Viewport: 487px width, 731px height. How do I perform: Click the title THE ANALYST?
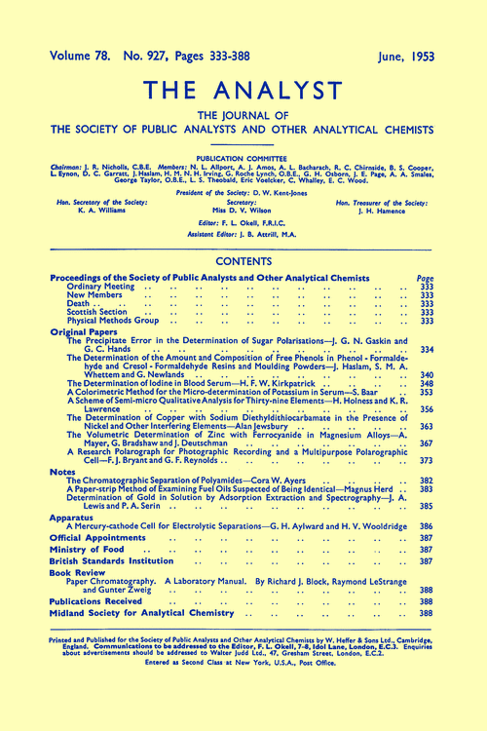tap(243, 90)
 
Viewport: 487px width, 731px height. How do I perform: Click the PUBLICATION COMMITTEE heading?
tap(243, 155)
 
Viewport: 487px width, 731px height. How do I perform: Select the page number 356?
tap(425, 410)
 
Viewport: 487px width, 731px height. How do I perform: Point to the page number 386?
tap(425, 524)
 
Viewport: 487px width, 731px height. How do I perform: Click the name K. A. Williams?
tap(90, 209)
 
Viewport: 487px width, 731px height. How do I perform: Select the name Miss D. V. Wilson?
tap(243, 209)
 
